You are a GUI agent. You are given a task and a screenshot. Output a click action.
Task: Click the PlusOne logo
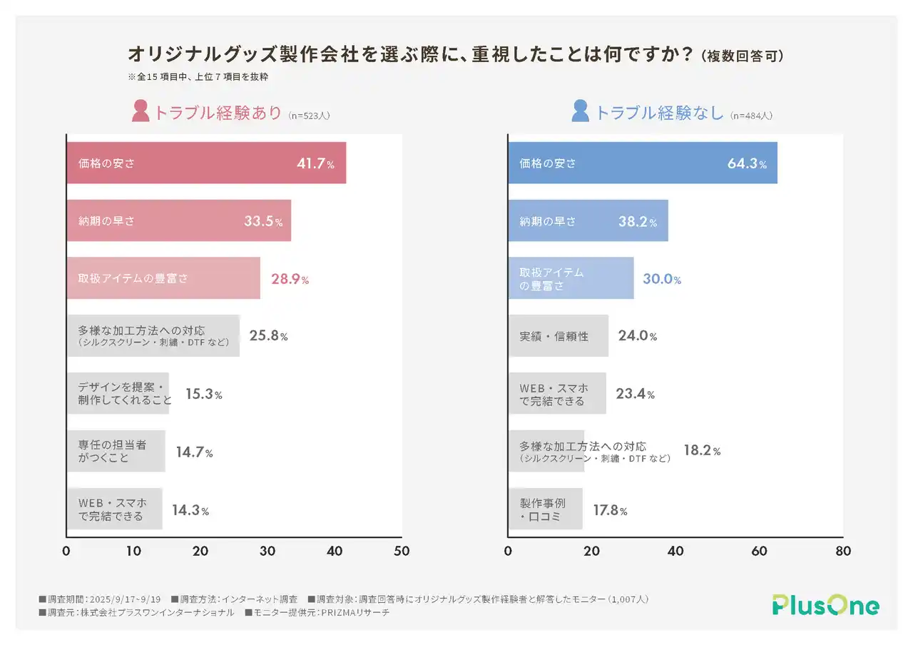[825, 605]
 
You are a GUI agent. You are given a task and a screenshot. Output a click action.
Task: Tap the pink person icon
[141, 111]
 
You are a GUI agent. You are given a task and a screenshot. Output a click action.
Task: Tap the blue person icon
[581, 111]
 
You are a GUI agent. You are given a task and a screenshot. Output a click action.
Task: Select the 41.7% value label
[315, 163]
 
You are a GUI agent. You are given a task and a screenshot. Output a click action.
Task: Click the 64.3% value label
[747, 163]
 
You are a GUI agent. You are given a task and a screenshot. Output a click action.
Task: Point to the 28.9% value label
[290, 279]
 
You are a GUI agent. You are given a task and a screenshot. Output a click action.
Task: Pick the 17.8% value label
[610, 511]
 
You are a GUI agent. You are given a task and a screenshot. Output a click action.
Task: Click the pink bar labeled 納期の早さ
[178, 221]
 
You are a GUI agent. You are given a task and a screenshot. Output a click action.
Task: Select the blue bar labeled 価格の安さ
[642, 163]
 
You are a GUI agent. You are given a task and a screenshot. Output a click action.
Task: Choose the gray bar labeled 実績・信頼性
[558, 336]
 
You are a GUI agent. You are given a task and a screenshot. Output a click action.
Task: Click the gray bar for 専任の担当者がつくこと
[116, 452]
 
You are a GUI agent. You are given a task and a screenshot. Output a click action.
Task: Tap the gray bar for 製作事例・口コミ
[545, 509]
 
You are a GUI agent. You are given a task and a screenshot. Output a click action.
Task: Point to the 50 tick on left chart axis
[402, 552]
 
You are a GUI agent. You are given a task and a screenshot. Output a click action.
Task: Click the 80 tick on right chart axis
[843, 552]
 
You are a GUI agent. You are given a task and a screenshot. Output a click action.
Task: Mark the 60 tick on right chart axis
[759, 552]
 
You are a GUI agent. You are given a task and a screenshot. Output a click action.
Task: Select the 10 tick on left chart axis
[133, 552]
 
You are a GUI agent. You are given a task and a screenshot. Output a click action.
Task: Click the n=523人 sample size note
[309, 115]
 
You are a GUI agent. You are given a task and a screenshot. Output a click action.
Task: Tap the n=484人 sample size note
[751, 115]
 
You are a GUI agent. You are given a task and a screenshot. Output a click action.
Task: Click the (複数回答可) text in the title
[742, 56]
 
